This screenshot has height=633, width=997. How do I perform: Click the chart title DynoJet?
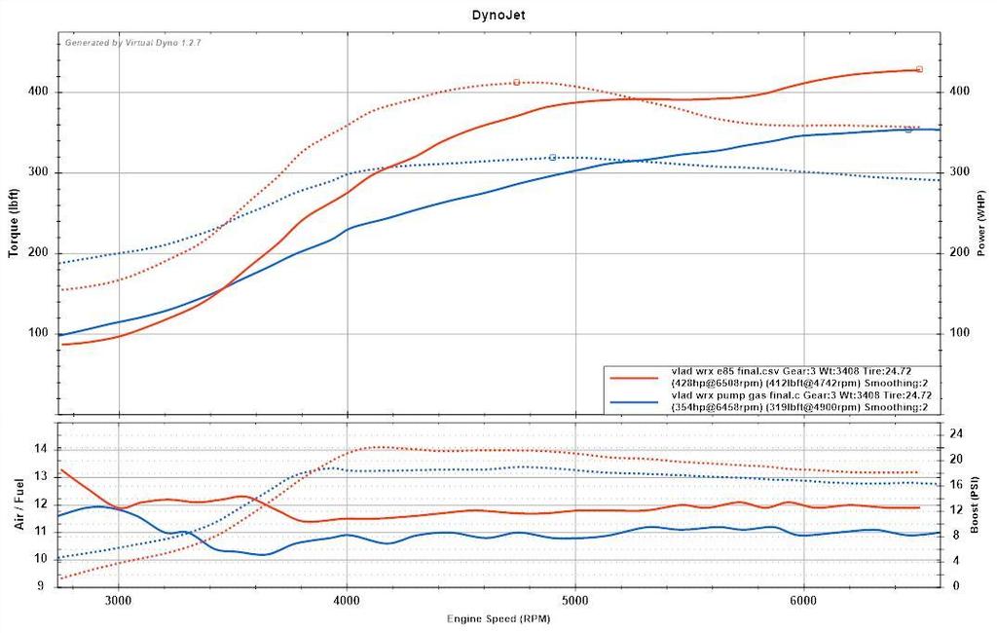point(498,16)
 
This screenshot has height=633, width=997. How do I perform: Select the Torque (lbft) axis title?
point(14,224)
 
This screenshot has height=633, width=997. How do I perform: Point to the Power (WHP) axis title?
point(983,224)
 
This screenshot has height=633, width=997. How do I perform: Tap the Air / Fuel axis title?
point(19,503)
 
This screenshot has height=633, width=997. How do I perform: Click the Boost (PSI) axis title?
point(983,503)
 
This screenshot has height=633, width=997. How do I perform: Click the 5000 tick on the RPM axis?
point(575,602)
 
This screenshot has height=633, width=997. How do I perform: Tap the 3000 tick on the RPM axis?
point(119,602)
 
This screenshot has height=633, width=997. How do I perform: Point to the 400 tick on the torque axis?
point(39,92)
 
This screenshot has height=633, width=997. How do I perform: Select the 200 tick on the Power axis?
point(959,252)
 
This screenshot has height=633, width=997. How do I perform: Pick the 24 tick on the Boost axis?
point(957,433)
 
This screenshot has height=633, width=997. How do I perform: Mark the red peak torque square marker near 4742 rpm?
point(517,82)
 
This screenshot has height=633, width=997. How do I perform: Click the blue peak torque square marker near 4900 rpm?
point(552,157)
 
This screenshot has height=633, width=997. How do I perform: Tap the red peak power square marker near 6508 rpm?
point(919,69)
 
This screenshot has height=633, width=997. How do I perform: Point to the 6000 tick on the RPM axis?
point(803,602)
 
